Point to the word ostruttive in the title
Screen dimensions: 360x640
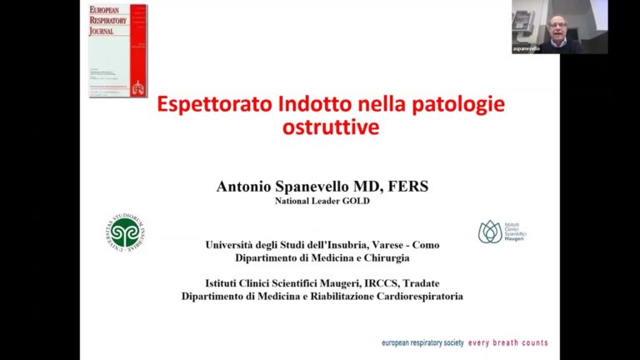point(320,128)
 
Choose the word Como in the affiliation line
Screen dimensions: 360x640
point(424,245)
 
